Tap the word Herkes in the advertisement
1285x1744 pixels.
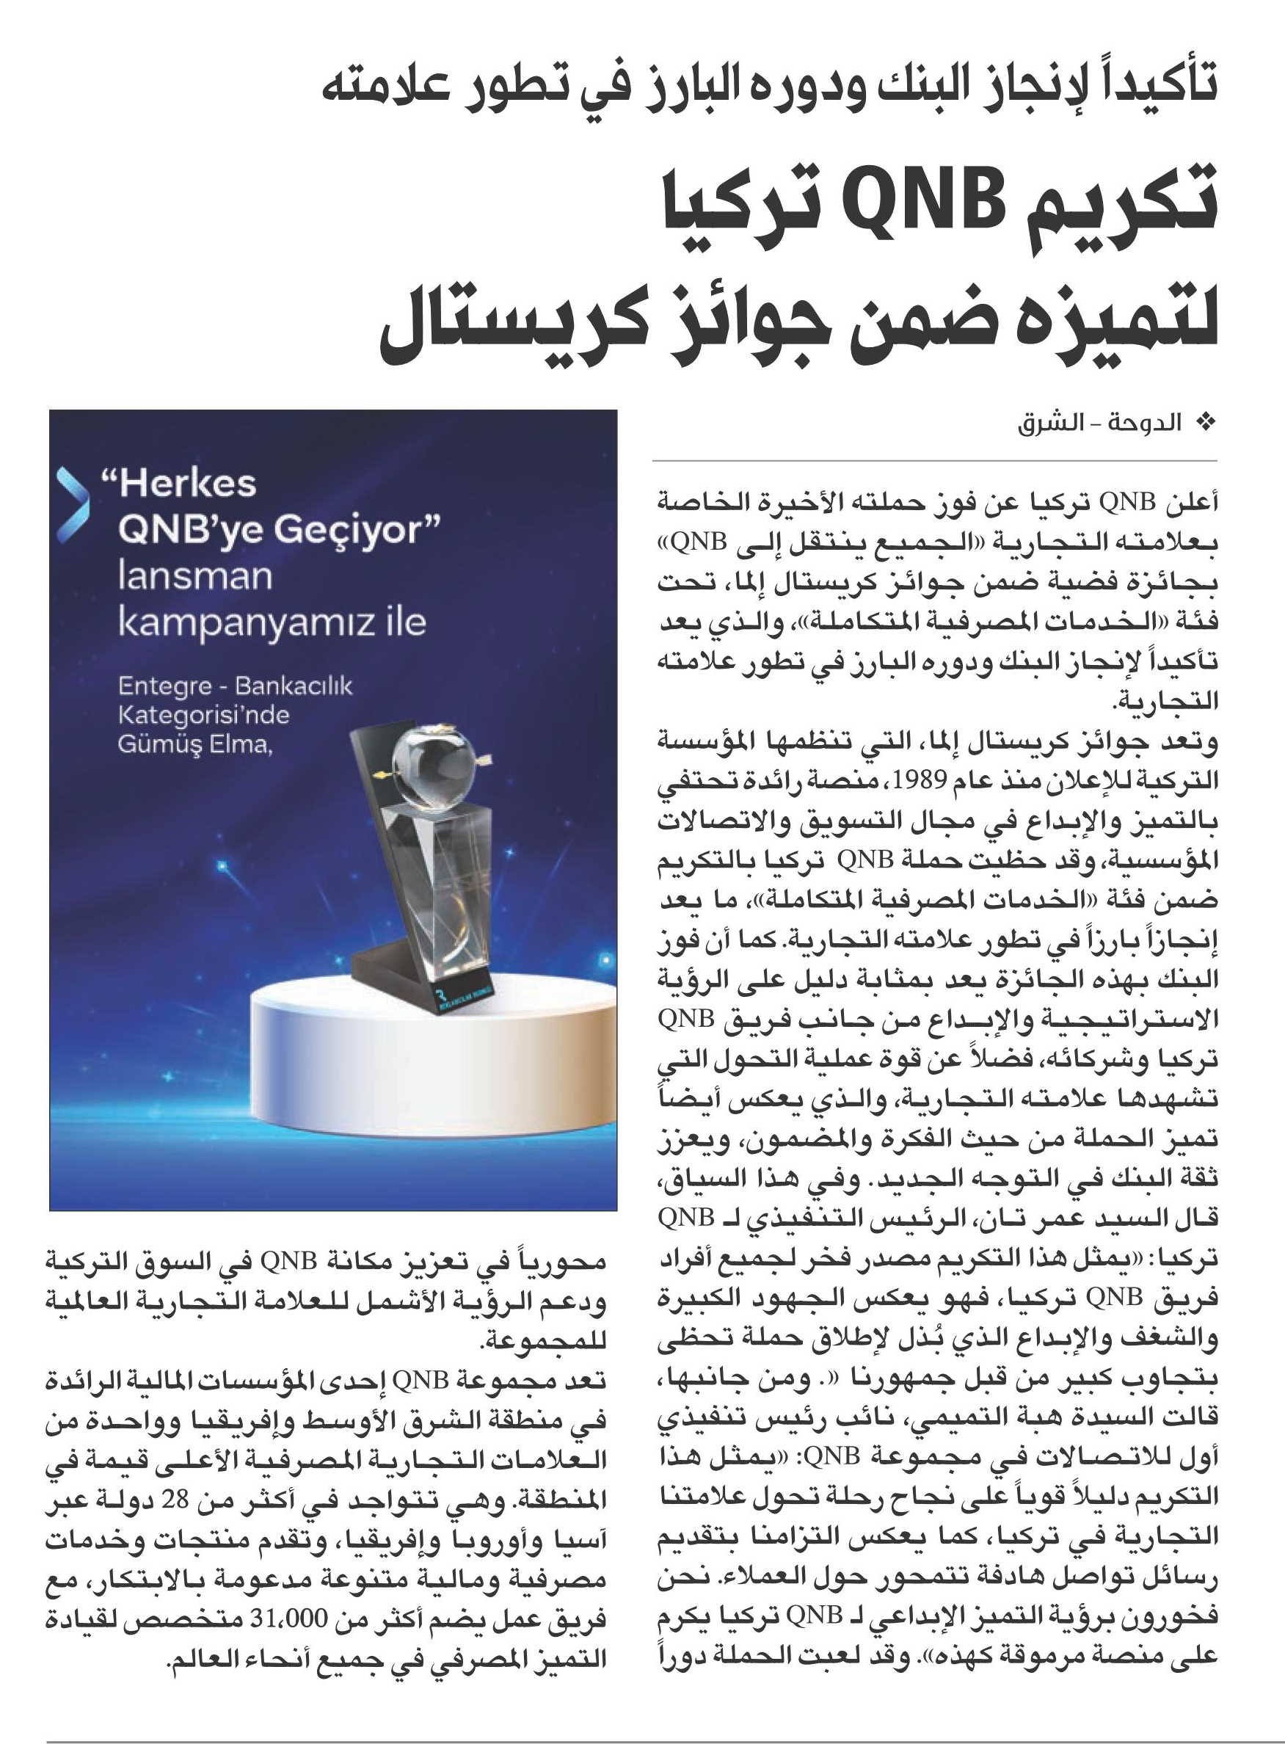pyautogui.click(x=187, y=483)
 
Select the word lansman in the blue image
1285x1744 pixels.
pyautogui.click(x=194, y=576)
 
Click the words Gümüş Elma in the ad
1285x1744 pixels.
pyautogui.click(x=194, y=744)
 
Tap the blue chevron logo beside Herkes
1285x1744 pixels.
pyautogui.click(x=73, y=504)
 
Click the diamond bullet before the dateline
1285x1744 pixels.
pyautogui.click(x=1207, y=424)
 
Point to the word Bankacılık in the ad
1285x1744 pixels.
pyautogui.click(x=294, y=686)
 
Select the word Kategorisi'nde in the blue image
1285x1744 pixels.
pyautogui.click(x=204, y=715)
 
